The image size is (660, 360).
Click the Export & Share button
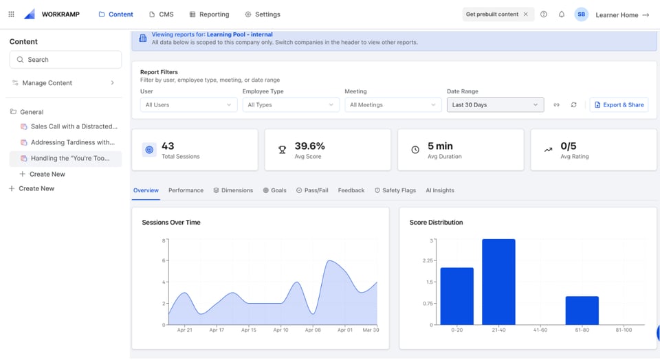(619, 105)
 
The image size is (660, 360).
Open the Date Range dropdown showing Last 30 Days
(495, 105)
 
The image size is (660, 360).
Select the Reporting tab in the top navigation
(209, 14)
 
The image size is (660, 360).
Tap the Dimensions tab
(233, 190)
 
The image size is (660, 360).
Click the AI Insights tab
(440, 190)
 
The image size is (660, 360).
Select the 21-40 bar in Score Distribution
(498, 282)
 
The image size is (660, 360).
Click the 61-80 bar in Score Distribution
(582, 311)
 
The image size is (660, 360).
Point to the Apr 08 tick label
(313, 330)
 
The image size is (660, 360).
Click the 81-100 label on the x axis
(624, 330)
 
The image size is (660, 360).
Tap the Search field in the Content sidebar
(65, 60)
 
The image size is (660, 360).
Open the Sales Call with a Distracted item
(74, 126)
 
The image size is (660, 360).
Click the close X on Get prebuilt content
(526, 14)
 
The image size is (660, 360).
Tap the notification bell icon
(562, 14)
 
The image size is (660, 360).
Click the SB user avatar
(581, 14)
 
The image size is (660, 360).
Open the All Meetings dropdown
(393, 105)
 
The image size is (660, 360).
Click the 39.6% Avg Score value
(309, 146)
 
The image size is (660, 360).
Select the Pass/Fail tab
(313, 190)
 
